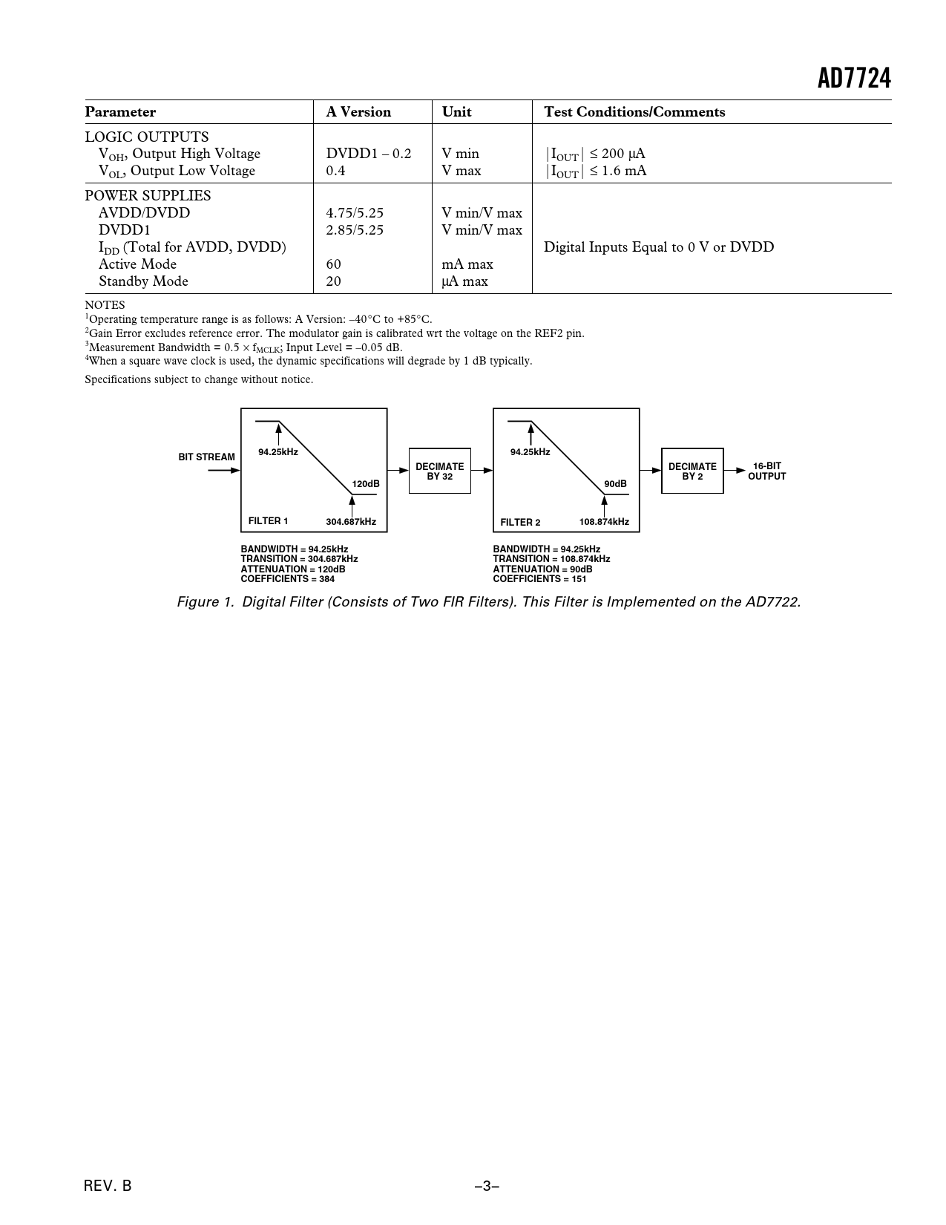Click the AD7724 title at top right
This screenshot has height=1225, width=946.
click(854, 79)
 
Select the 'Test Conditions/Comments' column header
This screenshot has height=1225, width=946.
click(634, 112)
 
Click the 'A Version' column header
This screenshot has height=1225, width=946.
click(358, 112)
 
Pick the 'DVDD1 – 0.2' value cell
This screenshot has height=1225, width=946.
click(369, 154)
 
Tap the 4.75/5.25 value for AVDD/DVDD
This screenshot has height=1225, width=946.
click(355, 213)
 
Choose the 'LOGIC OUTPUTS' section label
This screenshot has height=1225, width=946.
click(147, 137)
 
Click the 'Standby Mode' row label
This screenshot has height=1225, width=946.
click(143, 281)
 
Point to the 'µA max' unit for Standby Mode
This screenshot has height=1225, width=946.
click(464, 281)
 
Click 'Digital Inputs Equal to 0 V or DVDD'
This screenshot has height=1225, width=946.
click(658, 247)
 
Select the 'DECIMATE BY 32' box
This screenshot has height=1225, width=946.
click(440, 471)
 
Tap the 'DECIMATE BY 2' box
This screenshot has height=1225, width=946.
click(692, 471)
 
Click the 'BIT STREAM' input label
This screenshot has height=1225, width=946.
click(206, 457)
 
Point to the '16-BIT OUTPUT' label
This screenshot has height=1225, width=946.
click(766, 471)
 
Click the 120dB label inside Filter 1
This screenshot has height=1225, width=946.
click(366, 484)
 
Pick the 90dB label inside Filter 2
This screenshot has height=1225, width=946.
click(615, 484)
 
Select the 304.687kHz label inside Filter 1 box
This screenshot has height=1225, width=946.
click(351, 522)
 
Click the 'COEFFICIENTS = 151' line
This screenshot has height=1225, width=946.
click(539, 579)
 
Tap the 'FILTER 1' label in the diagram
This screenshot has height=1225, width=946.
click(268, 521)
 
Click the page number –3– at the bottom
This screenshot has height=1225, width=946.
click(487, 1186)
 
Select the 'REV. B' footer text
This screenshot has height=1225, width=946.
click(108, 1186)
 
